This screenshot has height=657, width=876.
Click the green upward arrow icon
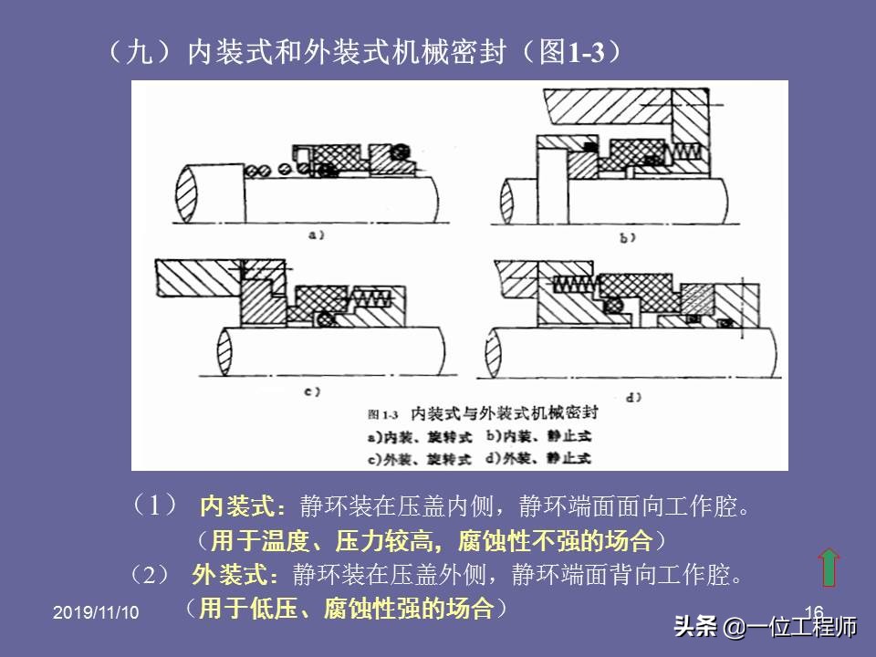point(829,567)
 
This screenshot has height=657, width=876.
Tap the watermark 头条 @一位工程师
point(766,628)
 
